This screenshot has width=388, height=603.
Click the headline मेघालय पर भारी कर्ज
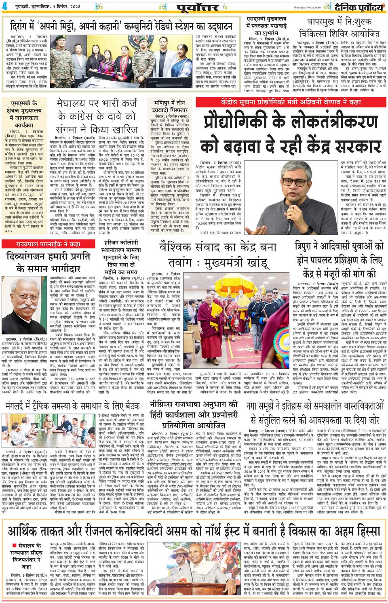tap(97, 114)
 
